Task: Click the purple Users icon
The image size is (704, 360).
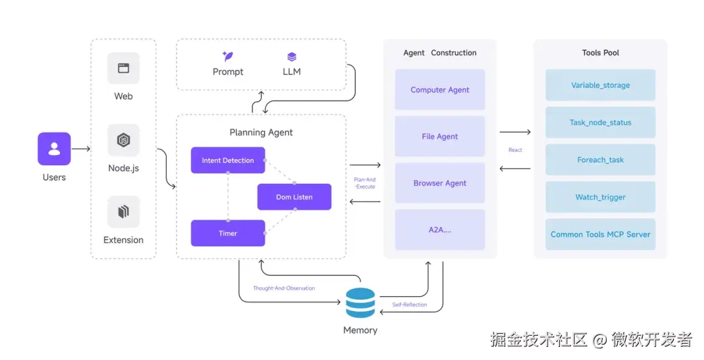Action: coord(54,149)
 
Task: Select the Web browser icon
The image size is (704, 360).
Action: coord(123,68)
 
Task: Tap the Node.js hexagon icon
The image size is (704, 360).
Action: coord(123,140)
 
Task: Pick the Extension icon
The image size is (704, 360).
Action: coord(123,212)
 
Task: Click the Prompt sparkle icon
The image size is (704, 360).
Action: coord(227,57)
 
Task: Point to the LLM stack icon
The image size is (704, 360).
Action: coord(291,57)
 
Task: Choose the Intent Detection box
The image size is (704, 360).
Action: coord(227,160)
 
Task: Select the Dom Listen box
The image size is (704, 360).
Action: coord(294,197)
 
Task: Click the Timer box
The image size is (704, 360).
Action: coord(227,233)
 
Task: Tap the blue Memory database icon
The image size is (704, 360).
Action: coord(360,303)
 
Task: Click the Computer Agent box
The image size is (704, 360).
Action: coord(440,90)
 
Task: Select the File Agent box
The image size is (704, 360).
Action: coord(440,136)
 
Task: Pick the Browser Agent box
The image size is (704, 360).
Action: coord(440,183)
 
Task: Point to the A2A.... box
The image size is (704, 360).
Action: coord(440,230)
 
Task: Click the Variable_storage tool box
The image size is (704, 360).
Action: coord(600,85)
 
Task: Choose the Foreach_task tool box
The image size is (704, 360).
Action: coord(600,160)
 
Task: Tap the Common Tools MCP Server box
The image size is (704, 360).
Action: coord(600,234)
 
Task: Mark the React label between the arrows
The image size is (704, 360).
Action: coord(515,150)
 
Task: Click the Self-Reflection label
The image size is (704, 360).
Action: coord(409,305)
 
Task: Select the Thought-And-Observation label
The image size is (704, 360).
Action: coord(284,288)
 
